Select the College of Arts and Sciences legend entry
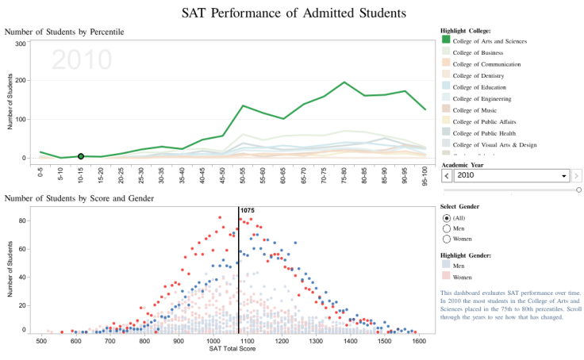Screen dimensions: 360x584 (x=489, y=40)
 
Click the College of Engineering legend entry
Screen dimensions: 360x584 (x=483, y=98)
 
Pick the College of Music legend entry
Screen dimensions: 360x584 (x=478, y=110)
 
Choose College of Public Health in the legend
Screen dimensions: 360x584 (x=485, y=133)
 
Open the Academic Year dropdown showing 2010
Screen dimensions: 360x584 (x=505, y=175)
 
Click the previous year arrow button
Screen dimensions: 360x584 (x=446, y=175)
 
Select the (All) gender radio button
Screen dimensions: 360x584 (x=447, y=218)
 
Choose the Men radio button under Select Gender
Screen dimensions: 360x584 (x=447, y=228)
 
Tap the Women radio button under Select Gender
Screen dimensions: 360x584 (x=447, y=239)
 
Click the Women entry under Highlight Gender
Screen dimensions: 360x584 (x=462, y=277)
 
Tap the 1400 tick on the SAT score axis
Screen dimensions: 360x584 (x=350, y=341)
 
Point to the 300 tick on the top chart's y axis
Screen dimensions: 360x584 (x=20, y=44)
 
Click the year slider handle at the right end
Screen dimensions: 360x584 (x=578, y=190)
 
